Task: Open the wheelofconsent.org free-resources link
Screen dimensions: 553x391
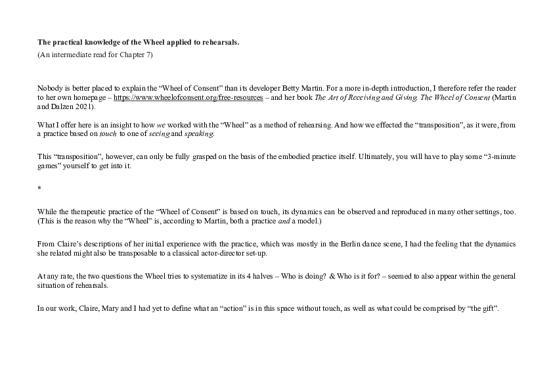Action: [188, 97]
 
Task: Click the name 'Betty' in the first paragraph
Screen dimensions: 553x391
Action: [290, 88]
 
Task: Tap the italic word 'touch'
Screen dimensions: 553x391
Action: [108, 134]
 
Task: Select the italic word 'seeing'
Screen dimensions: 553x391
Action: [160, 134]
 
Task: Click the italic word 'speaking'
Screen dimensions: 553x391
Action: [199, 134]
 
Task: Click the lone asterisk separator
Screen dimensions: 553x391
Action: [39, 188]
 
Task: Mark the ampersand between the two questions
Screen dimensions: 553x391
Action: [332, 276]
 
